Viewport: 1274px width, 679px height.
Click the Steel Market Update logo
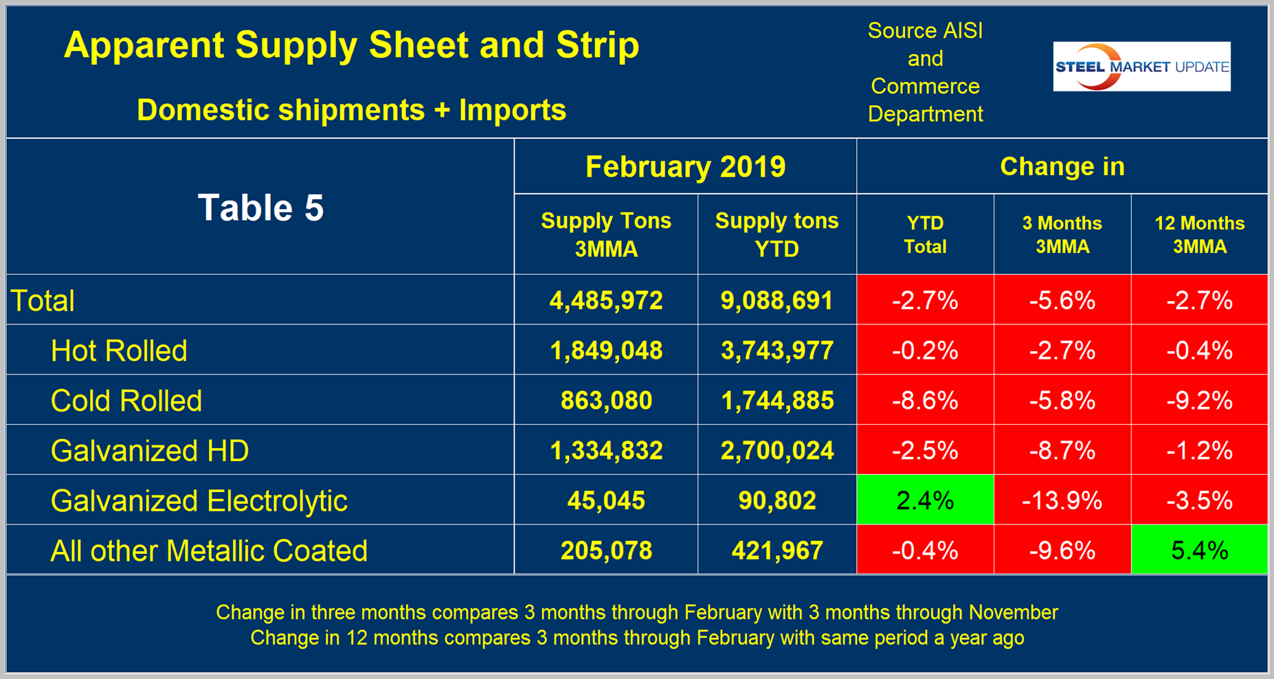1141,67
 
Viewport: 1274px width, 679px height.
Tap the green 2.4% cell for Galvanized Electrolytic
925,500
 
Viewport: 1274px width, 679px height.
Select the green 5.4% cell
1199,550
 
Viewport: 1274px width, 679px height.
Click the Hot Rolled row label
119,350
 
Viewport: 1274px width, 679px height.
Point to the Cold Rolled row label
126,401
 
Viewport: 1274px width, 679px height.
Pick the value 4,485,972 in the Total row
606,300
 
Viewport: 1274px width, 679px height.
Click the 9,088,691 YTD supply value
776,300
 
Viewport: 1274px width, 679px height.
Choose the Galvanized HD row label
150,451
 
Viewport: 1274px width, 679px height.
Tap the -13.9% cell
1062,500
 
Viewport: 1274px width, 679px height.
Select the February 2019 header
685,166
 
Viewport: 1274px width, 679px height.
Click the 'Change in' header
1062,166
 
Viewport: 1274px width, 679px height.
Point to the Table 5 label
260,208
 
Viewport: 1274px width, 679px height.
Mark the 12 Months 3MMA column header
1199,234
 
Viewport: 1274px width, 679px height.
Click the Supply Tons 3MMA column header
606,234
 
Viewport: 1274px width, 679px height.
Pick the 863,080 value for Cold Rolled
606,401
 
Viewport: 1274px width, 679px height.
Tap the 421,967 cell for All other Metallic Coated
776,550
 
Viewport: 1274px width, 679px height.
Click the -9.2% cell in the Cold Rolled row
1199,401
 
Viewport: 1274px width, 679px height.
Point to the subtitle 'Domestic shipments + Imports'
351,110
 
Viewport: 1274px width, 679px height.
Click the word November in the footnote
1013,612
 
